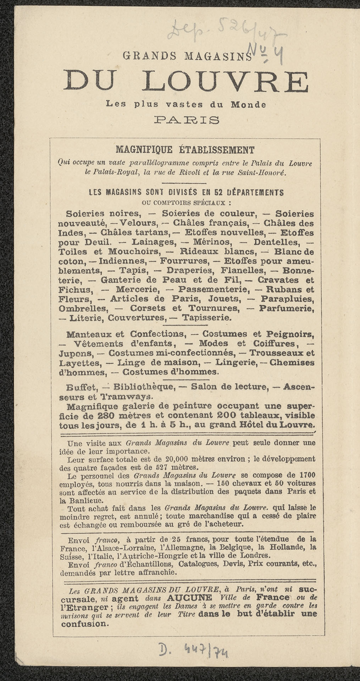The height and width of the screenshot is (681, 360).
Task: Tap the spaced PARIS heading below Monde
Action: point(185,120)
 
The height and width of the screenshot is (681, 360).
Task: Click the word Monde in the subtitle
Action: point(248,105)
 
